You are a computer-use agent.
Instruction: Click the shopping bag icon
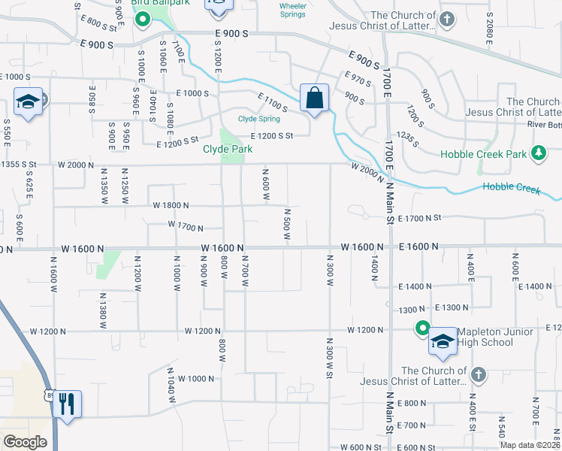click(314, 98)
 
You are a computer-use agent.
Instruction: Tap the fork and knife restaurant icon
click(68, 404)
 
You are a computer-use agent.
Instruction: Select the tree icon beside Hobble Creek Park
click(538, 154)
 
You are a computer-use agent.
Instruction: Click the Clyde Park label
click(227, 149)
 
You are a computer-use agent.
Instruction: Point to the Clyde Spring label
click(259, 119)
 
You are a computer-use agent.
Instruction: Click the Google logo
click(26, 442)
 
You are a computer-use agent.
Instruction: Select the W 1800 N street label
click(171, 205)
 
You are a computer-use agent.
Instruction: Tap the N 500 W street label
click(287, 225)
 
